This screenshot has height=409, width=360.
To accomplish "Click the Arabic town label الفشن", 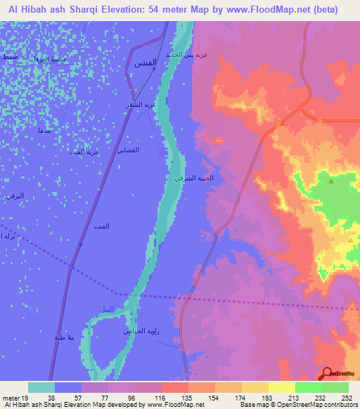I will pos(145,63).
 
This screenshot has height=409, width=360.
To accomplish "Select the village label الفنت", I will pos(101,226).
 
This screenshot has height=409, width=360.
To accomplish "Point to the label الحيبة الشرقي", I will pos(189,178).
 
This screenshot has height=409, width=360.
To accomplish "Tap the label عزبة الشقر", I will pos(139,105).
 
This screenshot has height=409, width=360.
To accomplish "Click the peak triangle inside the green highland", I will pos(331,181).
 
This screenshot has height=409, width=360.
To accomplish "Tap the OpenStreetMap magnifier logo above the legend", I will pos(328,373).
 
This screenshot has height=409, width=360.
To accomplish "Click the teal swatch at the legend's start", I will pos(41,387).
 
